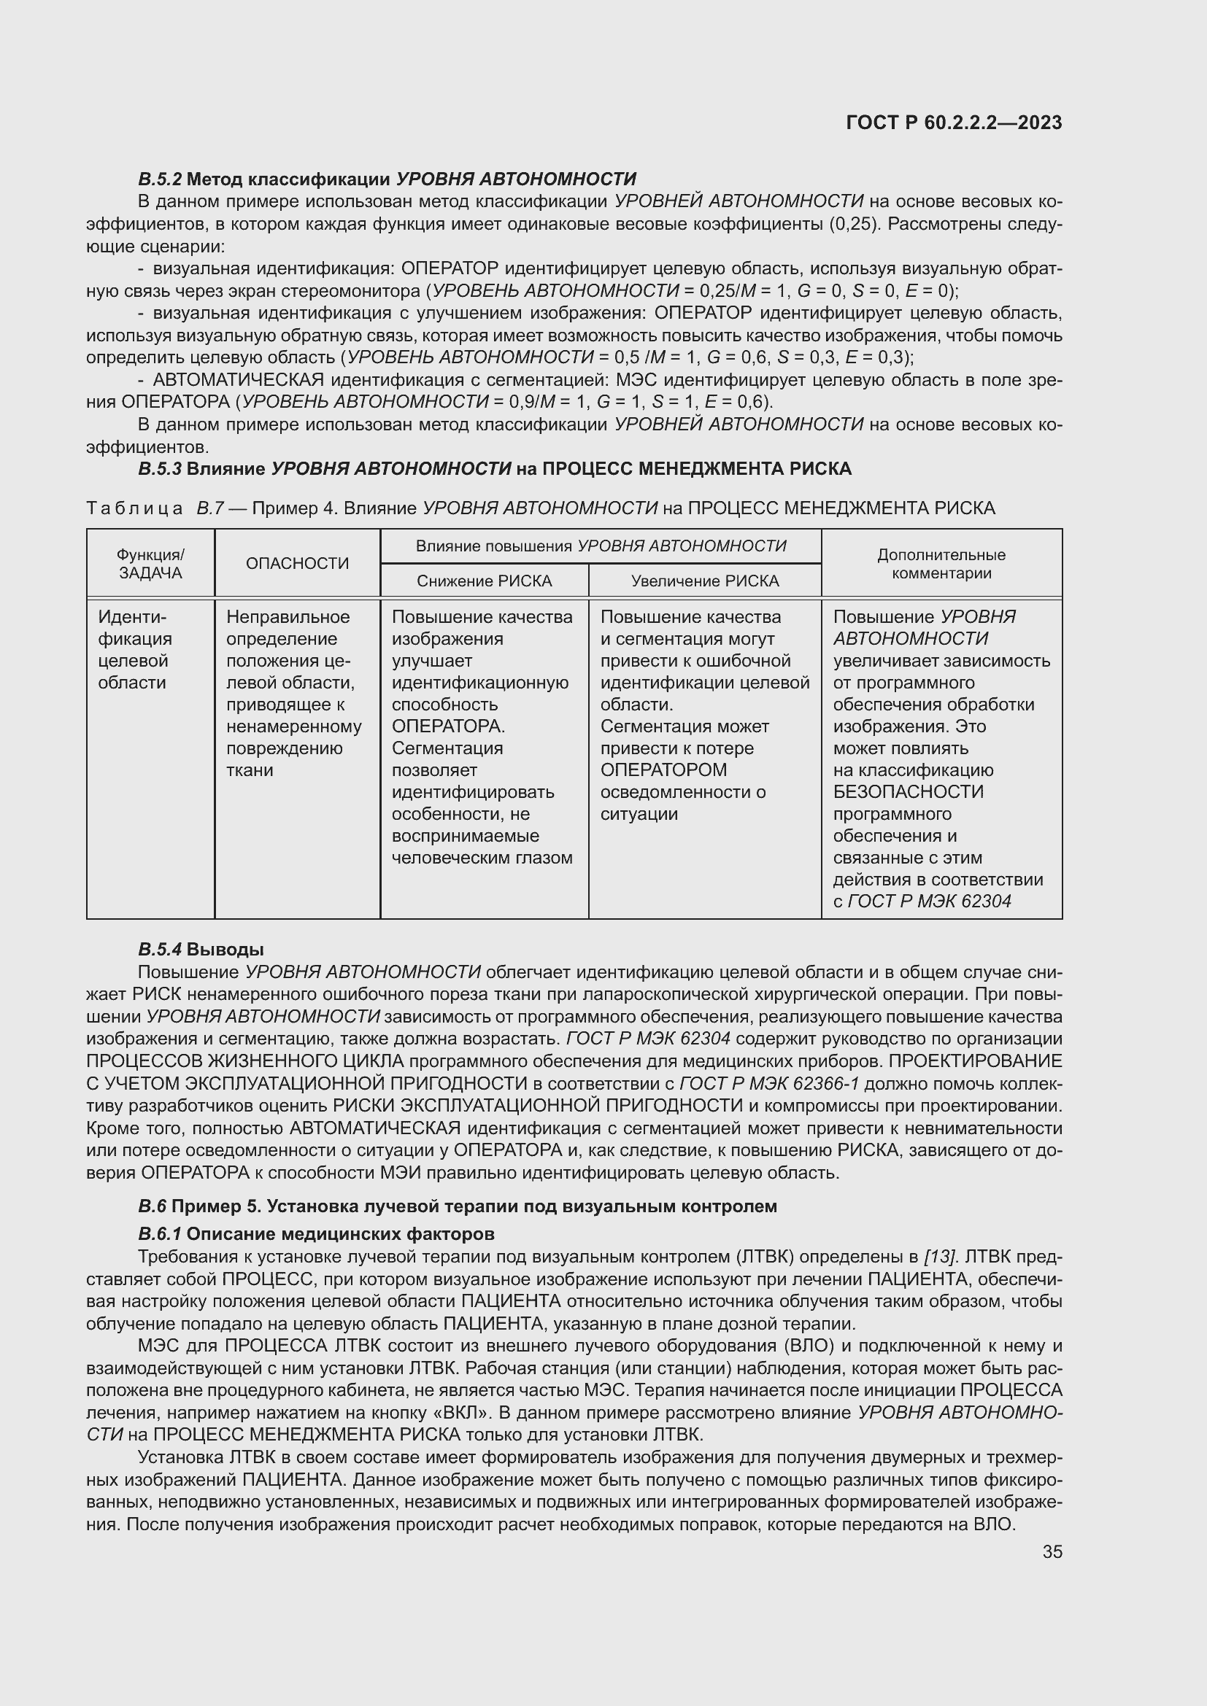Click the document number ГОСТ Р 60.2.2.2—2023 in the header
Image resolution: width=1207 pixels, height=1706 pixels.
[954, 123]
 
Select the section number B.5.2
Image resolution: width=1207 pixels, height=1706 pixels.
[160, 179]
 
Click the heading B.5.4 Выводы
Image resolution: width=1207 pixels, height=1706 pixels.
[201, 949]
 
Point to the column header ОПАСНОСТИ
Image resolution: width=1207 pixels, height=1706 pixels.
[297, 563]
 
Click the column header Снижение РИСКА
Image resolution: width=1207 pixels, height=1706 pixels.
[484, 581]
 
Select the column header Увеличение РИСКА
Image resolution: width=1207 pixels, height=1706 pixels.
[705, 581]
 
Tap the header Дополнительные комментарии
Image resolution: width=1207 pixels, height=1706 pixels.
[941, 563]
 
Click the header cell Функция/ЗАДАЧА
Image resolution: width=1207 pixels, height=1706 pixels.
[150, 563]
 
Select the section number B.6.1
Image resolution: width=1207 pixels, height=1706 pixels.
[160, 1234]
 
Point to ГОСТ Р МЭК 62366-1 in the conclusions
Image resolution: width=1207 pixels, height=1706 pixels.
[769, 1082]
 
